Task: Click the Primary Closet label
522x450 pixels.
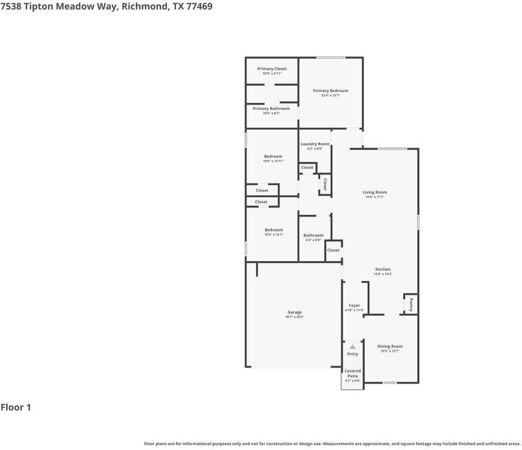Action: click(x=272, y=69)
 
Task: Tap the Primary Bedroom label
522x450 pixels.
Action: click(x=330, y=91)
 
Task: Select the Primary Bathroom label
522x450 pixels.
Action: click(x=271, y=109)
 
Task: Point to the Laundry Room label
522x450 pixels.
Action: click(x=315, y=144)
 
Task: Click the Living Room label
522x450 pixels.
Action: click(x=375, y=192)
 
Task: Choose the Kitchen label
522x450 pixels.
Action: click(x=383, y=269)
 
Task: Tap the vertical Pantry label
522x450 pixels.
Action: click(x=410, y=303)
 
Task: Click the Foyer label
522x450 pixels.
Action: click(x=354, y=305)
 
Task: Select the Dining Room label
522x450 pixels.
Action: click(x=390, y=346)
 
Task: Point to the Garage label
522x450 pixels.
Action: click(x=294, y=313)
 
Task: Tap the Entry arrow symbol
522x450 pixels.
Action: click(x=352, y=347)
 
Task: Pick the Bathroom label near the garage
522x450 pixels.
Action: click(x=313, y=236)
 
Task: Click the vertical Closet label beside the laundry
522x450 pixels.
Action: click(x=325, y=183)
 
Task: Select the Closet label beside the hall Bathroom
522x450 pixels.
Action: click(x=333, y=250)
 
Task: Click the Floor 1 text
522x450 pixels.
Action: click(x=16, y=407)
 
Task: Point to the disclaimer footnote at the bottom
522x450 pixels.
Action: click(x=332, y=444)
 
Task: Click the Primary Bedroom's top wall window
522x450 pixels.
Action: click(x=331, y=58)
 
